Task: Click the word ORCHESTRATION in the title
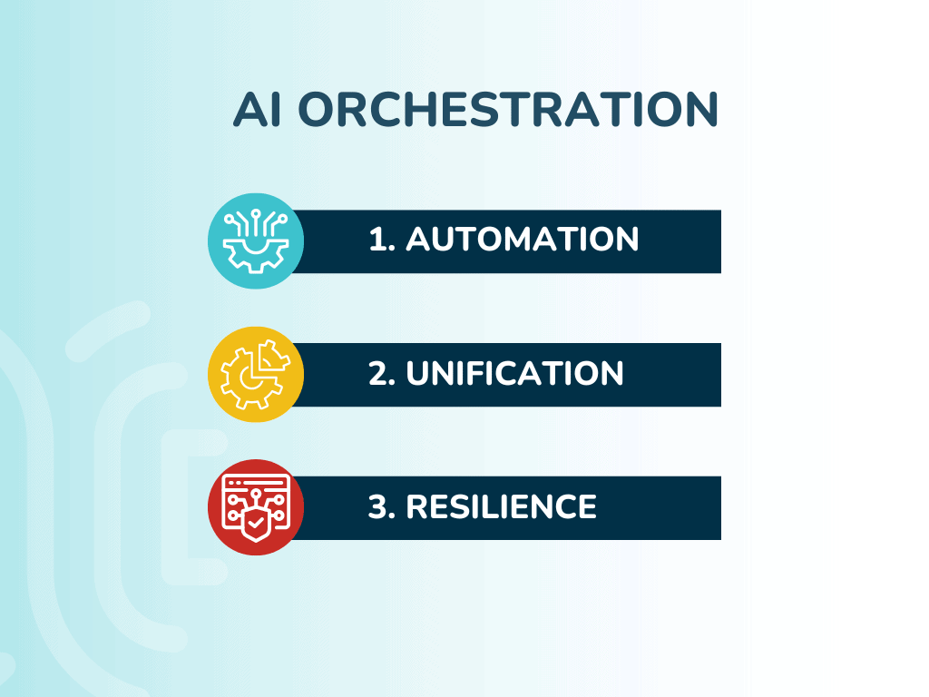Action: (508, 109)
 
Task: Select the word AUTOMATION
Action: (522, 239)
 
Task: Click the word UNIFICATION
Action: (514, 373)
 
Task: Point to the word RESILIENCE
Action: (501, 506)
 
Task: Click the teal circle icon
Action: (256, 241)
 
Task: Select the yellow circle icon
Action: (256, 374)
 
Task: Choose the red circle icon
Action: (256, 507)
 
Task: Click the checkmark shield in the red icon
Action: (256, 522)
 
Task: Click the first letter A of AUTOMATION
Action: (419, 239)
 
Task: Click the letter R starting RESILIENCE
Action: (417, 506)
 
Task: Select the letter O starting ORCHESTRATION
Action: (318, 109)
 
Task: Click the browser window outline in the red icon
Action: (256, 502)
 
